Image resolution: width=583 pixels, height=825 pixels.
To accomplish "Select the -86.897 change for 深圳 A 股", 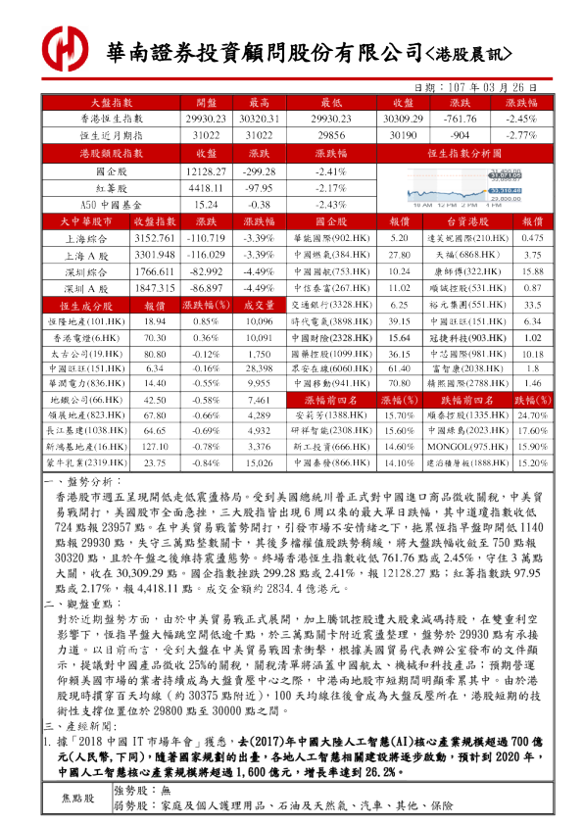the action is pos(206,288).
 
